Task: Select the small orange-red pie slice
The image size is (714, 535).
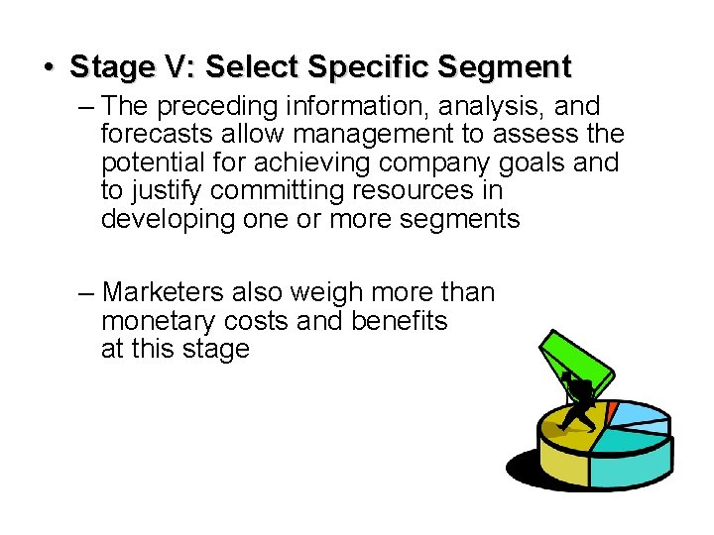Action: click(612, 411)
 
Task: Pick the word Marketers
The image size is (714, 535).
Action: click(164, 292)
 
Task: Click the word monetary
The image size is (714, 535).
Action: click(162, 321)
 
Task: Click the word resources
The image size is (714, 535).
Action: click(392, 190)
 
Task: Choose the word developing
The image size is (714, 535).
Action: click(168, 219)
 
